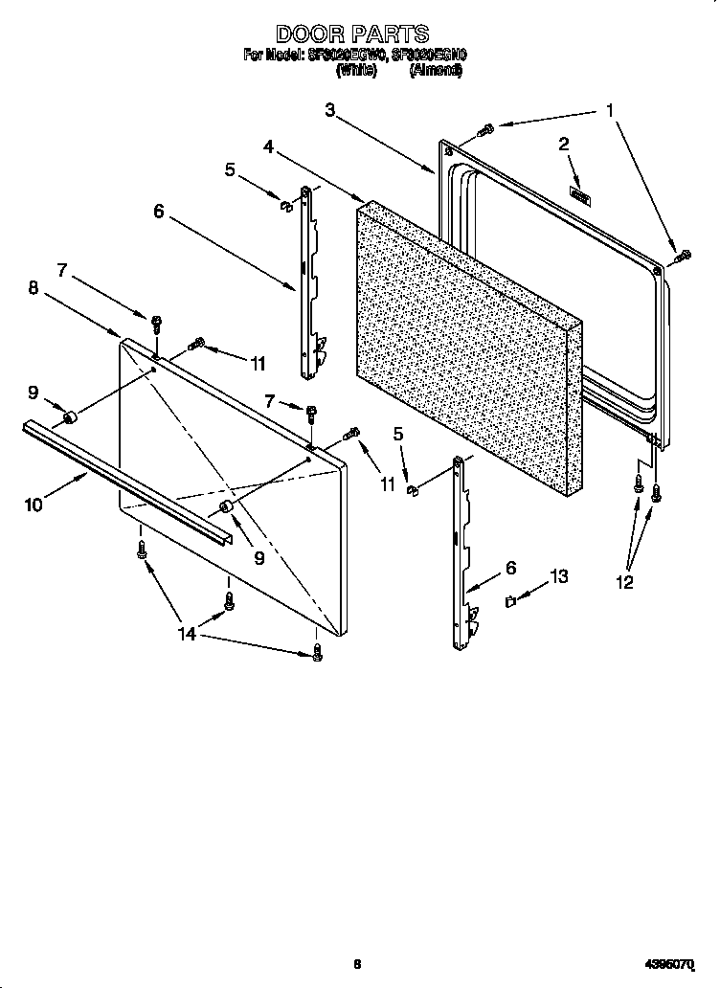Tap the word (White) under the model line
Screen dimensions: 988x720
click(x=355, y=71)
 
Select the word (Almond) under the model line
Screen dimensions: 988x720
click(x=436, y=71)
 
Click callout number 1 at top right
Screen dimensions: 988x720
click(x=608, y=111)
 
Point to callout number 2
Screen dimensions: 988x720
click(x=564, y=145)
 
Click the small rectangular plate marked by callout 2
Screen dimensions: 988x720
click(x=579, y=196)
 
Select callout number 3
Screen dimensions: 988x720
click(x=330, y=111)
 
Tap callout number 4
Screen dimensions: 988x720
click(x=270, y=147)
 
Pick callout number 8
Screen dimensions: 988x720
click(x=33, y=288)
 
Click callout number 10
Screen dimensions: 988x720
click(x=34, y=504)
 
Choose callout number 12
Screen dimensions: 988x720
click(x=623, y=582)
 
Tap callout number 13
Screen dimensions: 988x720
click(x=558, y=576)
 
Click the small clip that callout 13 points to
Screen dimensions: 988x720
click(x=511, y=601)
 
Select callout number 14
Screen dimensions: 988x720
click(x=188, y=634)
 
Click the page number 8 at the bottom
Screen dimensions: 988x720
click(x=356, y=963)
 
